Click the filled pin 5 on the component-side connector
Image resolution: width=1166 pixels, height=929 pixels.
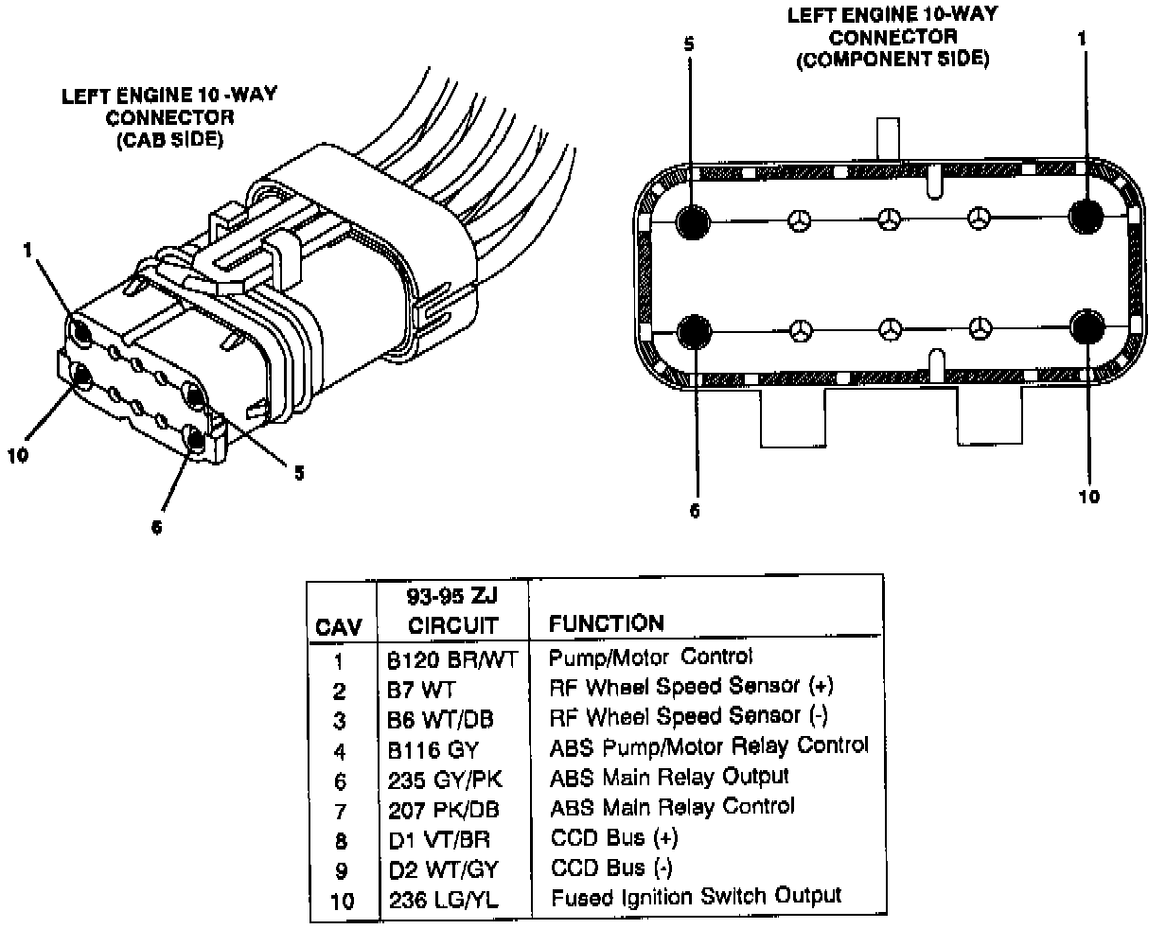pos(694,220)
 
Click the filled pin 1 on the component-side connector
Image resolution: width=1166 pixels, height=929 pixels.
pos(1086,217)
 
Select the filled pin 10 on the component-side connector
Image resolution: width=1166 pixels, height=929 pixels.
pos(1088,327)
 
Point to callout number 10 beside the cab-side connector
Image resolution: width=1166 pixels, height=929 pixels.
pos(18,455)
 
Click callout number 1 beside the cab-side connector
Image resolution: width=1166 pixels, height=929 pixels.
pos(29,250)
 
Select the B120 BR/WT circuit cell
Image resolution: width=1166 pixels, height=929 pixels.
pos(452,659)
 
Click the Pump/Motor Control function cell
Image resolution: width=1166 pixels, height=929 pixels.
pos(650,656)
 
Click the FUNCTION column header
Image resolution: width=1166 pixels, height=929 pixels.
pos(606,622)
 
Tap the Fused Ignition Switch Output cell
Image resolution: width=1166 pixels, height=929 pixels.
pos(695,896)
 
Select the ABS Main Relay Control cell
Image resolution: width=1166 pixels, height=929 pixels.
pos(672,807)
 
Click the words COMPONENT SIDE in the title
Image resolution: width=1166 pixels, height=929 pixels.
pos(892,60)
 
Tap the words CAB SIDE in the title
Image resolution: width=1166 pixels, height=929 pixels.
pos(169,140)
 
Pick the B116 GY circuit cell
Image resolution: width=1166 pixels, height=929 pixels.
pos(433,750)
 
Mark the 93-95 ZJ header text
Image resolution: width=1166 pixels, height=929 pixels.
pos(452,596)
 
